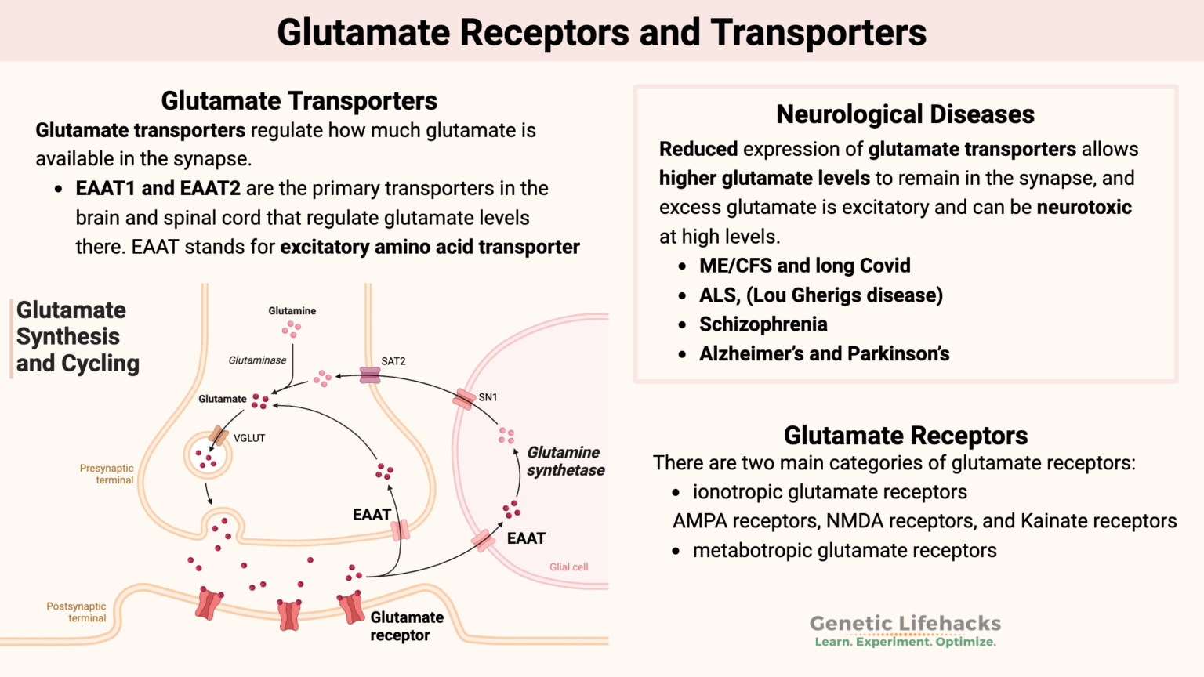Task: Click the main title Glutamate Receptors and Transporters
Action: (601, 33)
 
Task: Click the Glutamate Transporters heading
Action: (299, 101)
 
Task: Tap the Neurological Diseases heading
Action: (905, 114)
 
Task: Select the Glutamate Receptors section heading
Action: (905, 436)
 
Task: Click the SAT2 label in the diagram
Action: (393, 361)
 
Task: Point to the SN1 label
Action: (488, 397)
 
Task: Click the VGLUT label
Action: (249, 438)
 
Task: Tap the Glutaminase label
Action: (257, 360)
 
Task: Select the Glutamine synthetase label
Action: (565, 462)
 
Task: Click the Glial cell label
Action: (568, 567)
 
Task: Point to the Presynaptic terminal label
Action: (107, 474)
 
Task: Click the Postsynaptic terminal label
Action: (76, 612)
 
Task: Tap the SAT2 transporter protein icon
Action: (370, 375)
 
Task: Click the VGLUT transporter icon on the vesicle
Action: (219, 436)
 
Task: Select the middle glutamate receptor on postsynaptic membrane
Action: (289, 615)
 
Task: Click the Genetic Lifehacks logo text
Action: (905, 624)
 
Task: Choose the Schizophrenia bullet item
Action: (763, 324)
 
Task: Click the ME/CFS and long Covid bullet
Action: (804, 266)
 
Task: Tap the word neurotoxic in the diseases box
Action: (1084, 208)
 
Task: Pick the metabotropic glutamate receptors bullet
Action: (844, 551)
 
